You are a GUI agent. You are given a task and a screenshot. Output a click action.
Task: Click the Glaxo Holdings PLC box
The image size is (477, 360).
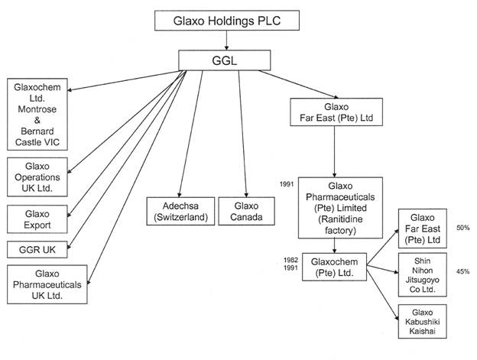tap(228, 21)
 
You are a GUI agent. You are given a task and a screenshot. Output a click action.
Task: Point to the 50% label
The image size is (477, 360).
tap(462, 228)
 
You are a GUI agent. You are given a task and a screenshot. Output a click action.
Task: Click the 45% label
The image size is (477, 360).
tap(462, 271)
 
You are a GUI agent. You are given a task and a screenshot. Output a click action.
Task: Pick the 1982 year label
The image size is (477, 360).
tap(288, 261)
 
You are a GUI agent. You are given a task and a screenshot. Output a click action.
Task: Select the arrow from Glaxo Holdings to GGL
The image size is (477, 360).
tap(227, 40)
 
